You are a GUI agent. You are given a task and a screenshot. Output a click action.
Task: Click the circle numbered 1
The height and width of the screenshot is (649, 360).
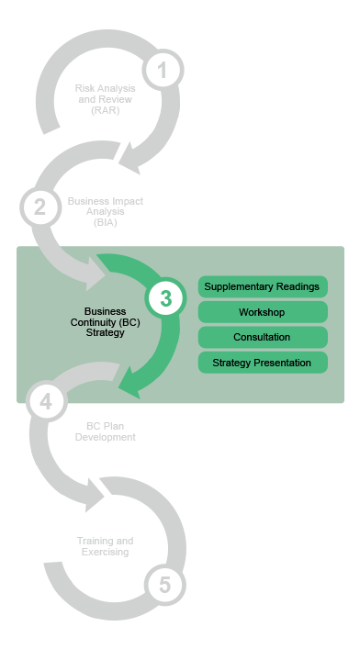163,70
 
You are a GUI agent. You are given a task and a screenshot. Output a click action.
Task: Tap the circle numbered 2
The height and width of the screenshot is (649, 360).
39,207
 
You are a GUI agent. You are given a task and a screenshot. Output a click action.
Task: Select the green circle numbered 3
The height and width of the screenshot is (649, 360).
165,298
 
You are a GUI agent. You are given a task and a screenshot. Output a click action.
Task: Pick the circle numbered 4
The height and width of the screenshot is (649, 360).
46,400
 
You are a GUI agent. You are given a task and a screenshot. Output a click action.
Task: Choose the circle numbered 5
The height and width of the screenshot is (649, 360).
164,584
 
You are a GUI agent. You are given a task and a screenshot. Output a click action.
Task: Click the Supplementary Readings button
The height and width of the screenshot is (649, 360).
263,287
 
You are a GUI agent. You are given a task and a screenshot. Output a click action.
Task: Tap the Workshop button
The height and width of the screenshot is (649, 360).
263,312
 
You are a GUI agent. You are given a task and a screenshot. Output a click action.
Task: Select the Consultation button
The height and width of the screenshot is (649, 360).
263,337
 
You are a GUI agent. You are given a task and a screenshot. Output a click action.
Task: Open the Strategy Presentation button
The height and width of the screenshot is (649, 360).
263,363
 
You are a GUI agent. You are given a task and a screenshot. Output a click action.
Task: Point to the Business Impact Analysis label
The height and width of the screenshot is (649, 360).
105,211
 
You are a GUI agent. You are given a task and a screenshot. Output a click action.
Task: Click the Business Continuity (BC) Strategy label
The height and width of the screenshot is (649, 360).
105,322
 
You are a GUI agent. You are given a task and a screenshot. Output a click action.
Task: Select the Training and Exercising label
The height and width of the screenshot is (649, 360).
105,546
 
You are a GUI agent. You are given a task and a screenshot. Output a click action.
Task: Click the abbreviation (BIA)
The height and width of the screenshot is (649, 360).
105,223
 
